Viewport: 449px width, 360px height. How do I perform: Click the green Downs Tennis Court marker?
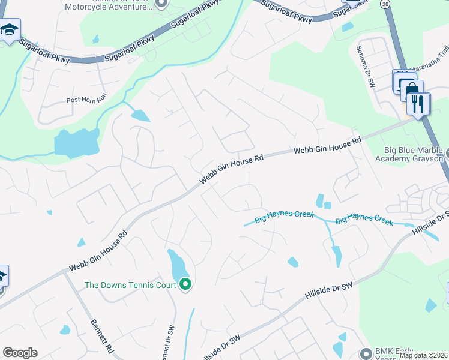(186, 284)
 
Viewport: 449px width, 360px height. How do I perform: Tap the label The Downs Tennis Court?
(130, 285)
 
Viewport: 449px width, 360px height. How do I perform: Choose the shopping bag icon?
(412, 91)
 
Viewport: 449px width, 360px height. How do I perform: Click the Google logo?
(20, 353)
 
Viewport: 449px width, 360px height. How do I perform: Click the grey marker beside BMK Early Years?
(366, 353)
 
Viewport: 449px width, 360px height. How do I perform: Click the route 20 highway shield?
(385, 3)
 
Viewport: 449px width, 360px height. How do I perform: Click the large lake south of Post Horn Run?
(76, 143)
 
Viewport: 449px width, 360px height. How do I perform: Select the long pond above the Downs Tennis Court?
(176, 264)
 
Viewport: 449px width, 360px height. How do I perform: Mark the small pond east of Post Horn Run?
(140, 115)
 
